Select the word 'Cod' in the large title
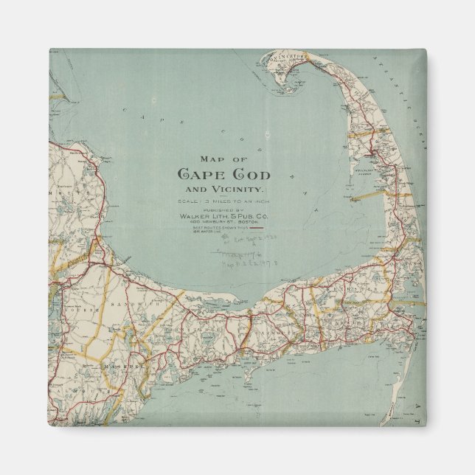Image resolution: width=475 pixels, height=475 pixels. click(249, 175)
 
